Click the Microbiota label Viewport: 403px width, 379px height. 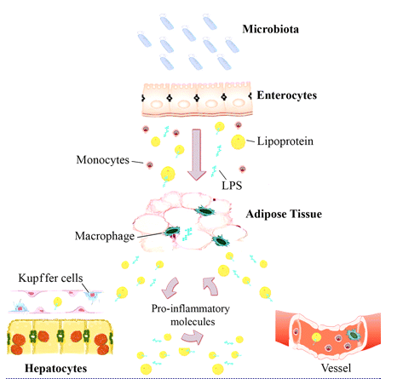pyautogui.click(x=270, y=29)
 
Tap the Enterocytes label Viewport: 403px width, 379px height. pyautogui.click(x=287, y=95)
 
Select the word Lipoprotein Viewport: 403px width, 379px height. pyautogui.click(x=285, y=141)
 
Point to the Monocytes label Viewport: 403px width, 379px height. pyautogui.click(x=103, y=160)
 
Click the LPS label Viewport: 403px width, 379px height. pyautogui.click(x=232, y=186)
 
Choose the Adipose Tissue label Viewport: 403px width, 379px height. pyautogui.click(x=284, y=214)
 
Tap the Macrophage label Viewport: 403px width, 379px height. pyautogui.click(x=105, y=236)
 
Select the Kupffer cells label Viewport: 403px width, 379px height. pyautogui.click(x=50, y=278)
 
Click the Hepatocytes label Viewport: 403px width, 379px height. pyautogui.click(x=55, y=369)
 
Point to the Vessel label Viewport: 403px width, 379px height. pyautogui.click(x=336, y=368)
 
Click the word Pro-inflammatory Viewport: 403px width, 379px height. pyautogui.click(x=191, y=309)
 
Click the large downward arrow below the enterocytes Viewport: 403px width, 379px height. pyautogui.click(x=197, y=155)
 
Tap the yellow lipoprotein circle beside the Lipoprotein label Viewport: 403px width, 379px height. pyautogui.click(x=238, y=142)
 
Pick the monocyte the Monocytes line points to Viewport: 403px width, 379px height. pyautogui.click(x=150, y=164)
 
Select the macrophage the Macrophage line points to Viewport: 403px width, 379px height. pyautogui.click(x=172, y=231)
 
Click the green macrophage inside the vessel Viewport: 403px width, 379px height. pyautogui.click(x=354, y=335)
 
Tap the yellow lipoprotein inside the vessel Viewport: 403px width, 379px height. pyautogui.click(x=316, y=337)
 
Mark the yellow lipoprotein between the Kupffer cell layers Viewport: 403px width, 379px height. pyautogui.click(x=58, y=301)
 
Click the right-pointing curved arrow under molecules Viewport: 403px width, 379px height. pyautogui.click(x=193, y=337)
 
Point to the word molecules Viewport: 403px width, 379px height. pyautogui.click(x=193, y=322)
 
